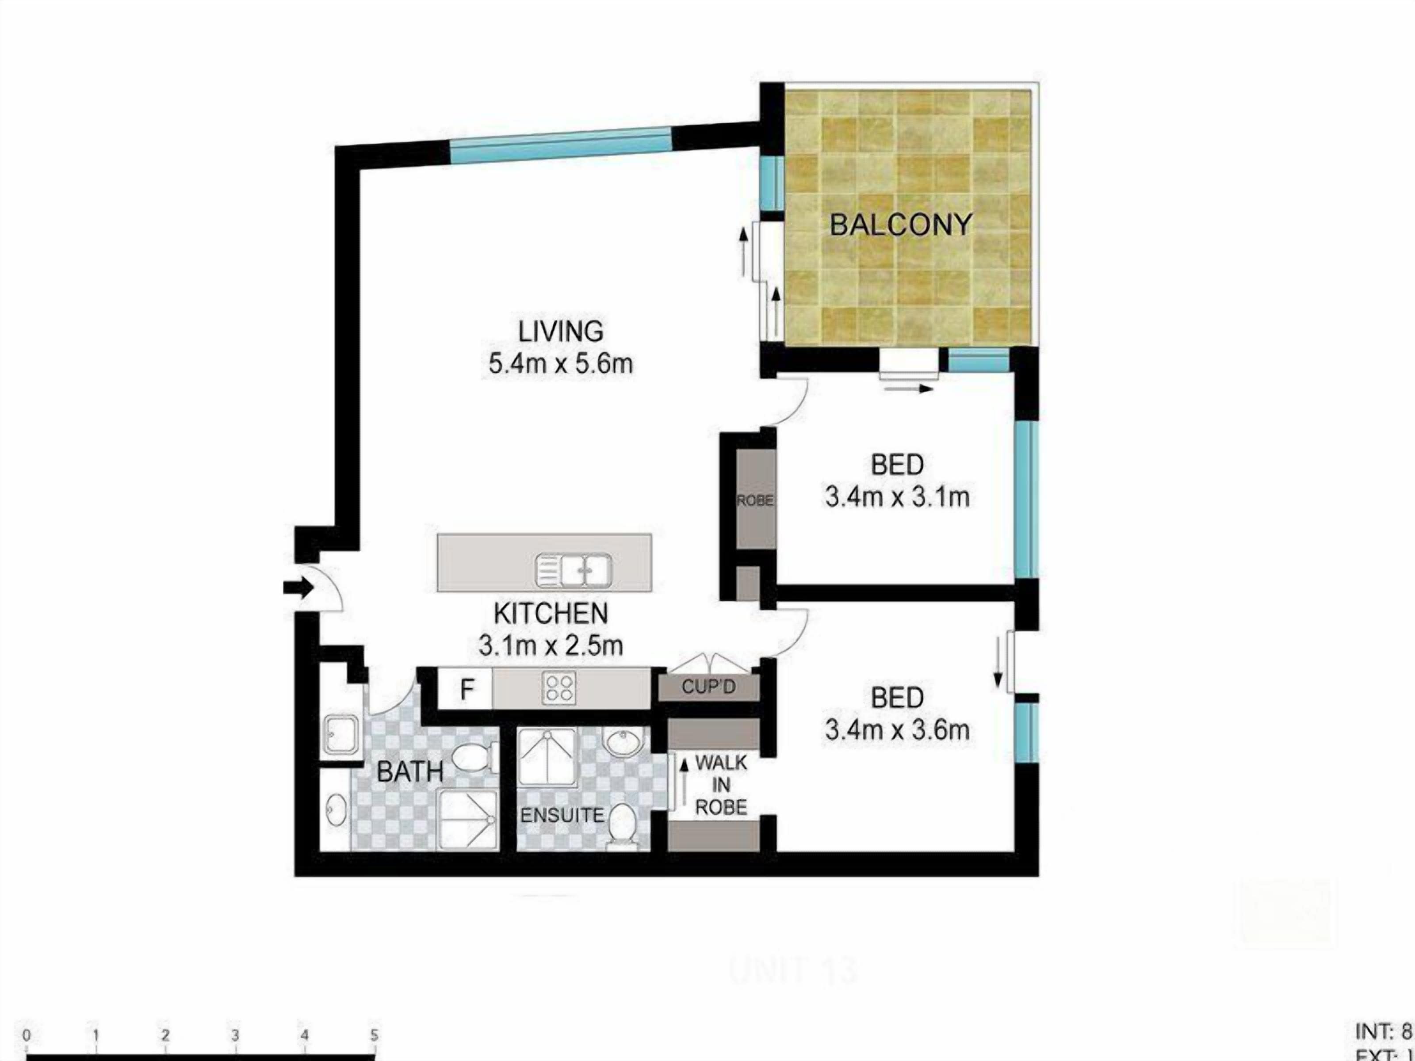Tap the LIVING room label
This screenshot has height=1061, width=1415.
pyautogui.click(x=560, y=331)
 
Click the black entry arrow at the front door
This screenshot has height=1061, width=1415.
pyautogui.click(x=298, y=588)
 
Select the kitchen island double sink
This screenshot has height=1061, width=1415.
pyautogui.click(x=574, y=570)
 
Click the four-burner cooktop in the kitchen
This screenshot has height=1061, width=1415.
pyautogui.click(x=559, y=688)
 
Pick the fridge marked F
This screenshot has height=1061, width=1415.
pyautogui.click(x=467, y=689)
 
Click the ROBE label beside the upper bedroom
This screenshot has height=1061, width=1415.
pyautogui.click(x=755, y=501)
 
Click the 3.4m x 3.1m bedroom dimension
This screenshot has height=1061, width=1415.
pyautogui.click(x=897, y=497)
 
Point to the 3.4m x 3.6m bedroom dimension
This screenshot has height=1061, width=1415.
pyautogui.click(x=897, y=730)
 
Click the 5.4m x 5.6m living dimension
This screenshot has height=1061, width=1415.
pyautogui.click(x=560, y=364)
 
